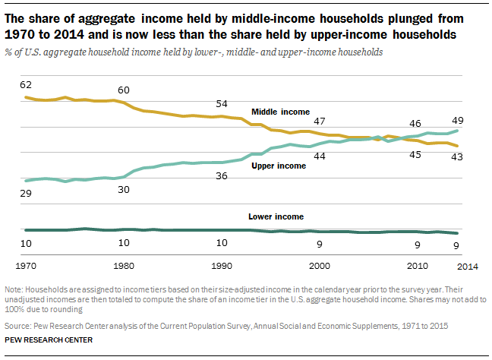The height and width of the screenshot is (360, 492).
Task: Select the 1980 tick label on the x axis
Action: coord(123,267)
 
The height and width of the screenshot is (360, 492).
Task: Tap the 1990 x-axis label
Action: coord(221,267)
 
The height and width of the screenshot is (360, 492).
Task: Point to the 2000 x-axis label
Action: coord(319,267)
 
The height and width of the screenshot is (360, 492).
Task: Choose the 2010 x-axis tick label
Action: coord(417,267)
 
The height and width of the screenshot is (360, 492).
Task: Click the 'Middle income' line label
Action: coord(280,112)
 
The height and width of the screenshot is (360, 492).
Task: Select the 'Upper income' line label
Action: coord(279,166)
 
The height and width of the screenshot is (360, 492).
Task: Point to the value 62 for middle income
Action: coord(25,84)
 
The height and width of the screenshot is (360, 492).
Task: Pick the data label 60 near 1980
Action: coord(123,90)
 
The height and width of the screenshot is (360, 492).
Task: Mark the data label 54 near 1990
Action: coord(221,104)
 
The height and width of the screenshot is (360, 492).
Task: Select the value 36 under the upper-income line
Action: coord(221,176)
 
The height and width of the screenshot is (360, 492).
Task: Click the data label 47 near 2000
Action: coord(319,122)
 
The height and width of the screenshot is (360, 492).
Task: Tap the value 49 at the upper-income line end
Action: coord(458,120)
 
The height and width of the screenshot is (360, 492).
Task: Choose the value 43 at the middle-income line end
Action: coord(458,156)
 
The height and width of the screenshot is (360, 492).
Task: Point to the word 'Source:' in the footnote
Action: coord(17,324)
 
